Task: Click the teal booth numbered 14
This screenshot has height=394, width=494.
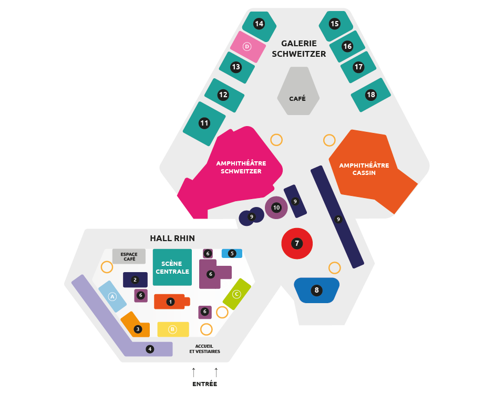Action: coord(259,24)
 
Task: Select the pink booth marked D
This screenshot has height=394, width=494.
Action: coord(248,47)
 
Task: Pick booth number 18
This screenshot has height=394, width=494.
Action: coord(371,95)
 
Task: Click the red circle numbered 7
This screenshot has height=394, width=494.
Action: coord(297,244)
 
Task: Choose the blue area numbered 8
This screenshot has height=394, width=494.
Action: coord(316,290)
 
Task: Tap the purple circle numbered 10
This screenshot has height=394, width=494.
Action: coord(276,208)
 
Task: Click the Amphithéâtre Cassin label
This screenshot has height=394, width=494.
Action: coord(364,169)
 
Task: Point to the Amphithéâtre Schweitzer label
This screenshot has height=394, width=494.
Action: coord(241,167)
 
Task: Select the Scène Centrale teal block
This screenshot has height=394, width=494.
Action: coord(172,267)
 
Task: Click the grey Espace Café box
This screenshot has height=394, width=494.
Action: coord(129,256)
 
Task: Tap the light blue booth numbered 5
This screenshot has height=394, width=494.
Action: coord(232,253)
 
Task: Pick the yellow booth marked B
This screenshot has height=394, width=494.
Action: coord(173,329)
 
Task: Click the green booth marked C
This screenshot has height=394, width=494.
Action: coord(236,294)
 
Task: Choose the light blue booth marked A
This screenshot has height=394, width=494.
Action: coord(112,296)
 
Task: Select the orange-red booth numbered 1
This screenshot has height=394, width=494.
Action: coord(170,302)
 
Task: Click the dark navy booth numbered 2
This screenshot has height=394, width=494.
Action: coord(135,280)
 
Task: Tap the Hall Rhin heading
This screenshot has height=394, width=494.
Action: coord(172,238)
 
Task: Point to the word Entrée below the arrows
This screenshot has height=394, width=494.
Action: coord(204,384)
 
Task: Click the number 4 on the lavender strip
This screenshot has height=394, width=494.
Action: coord(150,349)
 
